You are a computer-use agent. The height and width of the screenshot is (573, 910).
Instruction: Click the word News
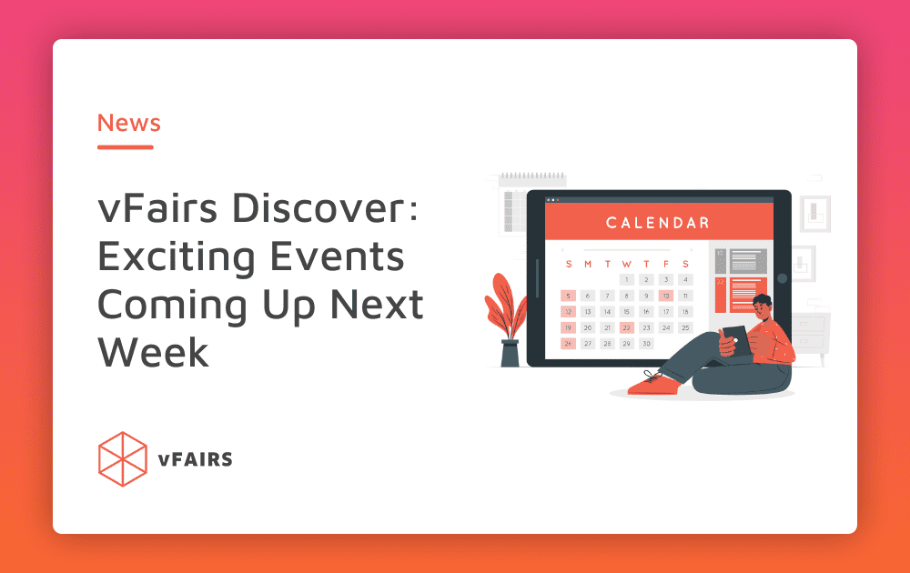[x=129, y=123]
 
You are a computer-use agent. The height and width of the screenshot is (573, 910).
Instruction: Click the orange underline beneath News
[x=126, y=147]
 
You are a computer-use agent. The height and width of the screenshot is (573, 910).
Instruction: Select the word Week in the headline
[x=153, y=352]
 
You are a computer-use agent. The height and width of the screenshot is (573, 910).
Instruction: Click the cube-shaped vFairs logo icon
[x=123, y=458]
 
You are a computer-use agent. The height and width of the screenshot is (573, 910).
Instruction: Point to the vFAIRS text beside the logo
[x=195, y=459]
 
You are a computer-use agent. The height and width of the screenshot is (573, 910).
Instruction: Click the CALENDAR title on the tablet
[x=658, y=223]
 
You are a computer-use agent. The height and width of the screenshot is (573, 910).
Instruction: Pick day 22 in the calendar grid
[x=627, y=327]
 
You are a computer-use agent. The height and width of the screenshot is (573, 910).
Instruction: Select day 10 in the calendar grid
[x=666, y=296]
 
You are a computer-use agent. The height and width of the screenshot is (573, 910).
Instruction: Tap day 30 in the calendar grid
[x=646, y=344]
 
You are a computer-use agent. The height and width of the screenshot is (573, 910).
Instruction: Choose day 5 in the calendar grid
[x=568, y=296]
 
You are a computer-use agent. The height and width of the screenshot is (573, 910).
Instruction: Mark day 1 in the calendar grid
[x=627, y=279]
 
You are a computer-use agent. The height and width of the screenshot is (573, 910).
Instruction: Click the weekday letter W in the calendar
[x=627, y=264]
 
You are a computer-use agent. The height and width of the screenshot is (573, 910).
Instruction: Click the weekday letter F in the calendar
[x=666, y=264]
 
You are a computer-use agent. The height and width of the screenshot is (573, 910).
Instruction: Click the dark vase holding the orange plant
[x=510, y=353]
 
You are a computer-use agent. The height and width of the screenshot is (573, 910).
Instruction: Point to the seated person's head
[x=763, y=308]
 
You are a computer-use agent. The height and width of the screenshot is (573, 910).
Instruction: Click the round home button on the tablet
[x=783, y=278]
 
